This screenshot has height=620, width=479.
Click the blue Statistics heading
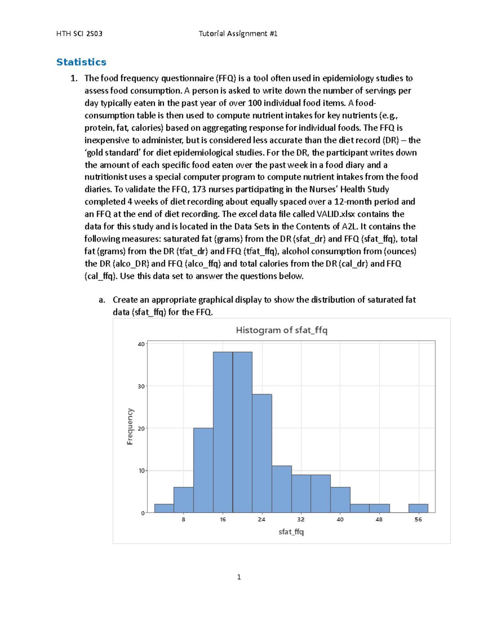[81, 62]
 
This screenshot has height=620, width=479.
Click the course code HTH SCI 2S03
[79, 34]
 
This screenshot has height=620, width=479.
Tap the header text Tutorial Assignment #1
[238, 34]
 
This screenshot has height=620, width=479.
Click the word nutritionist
[106, 177]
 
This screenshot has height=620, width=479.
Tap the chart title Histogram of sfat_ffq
[281, 330]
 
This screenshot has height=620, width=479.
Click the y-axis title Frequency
[130, 426]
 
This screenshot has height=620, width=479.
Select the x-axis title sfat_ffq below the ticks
[291, 532]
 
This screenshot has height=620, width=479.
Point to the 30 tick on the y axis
[141, 386]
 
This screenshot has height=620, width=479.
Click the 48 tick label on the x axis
[379, 519]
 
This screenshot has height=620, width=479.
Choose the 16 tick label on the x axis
[223, 519]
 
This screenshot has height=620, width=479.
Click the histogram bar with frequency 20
[203, 470]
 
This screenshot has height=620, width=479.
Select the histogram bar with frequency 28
[262, 453]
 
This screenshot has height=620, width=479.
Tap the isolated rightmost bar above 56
[418, 508]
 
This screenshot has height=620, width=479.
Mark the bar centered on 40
[340, 500]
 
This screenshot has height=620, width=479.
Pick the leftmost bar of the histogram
[164, 508]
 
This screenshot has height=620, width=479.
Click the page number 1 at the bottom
[239, 577]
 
